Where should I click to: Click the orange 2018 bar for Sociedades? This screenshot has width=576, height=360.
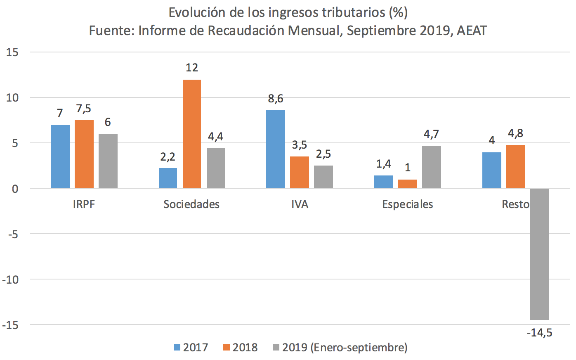(192, 134)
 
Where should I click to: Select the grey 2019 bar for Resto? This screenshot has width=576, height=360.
(540, 254)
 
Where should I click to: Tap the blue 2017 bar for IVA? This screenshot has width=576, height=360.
(276, 149)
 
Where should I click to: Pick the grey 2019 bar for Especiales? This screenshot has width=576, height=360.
(432, 167)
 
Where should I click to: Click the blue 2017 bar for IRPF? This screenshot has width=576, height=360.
(60, 156)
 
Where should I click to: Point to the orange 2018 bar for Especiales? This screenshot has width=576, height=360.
(408, 184)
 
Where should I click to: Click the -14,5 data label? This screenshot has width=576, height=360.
(539, 332)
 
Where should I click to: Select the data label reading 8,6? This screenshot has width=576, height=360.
(276, 99)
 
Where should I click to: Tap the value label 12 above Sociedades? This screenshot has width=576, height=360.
(192, 68)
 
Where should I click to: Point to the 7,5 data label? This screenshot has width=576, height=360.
(84, 109)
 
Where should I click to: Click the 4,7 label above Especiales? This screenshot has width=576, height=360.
(432, 134)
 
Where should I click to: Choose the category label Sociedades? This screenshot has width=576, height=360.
(191, 204)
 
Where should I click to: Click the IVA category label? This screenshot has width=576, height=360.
(300, 204)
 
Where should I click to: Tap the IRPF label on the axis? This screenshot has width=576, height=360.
(84, 204)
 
